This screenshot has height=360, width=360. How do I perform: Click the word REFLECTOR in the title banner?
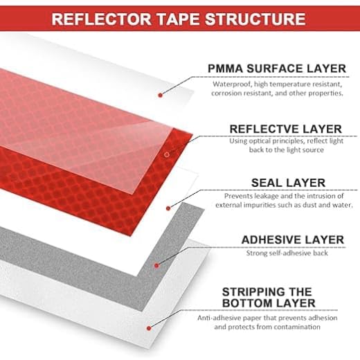click(x=101, y=19)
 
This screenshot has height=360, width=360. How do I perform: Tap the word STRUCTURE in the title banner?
click(x=255, y=19)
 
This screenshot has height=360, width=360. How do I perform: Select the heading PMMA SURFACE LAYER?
click(x=277, y=69)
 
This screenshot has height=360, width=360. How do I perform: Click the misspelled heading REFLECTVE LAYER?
click(x=286, y=129)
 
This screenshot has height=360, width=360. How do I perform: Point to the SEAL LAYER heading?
click(x=289, y=183)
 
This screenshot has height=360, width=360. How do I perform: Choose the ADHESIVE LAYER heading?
click(x=293, y=240)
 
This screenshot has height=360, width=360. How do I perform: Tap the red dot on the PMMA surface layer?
click(x=161, y=95)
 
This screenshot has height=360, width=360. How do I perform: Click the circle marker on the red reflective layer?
click(x=167, y=154)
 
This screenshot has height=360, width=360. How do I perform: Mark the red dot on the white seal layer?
click(x=168, y=208)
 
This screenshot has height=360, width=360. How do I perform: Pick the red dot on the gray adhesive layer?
click(x=156, y=266)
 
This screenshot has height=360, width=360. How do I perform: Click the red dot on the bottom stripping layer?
click(x=149, y=328)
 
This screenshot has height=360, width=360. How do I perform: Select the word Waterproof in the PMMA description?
click(x=232, y=84)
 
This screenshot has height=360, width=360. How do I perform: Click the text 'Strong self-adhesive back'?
click(x=287, y=253)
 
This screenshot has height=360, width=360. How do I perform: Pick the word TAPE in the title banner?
click(x=178, y=19)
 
